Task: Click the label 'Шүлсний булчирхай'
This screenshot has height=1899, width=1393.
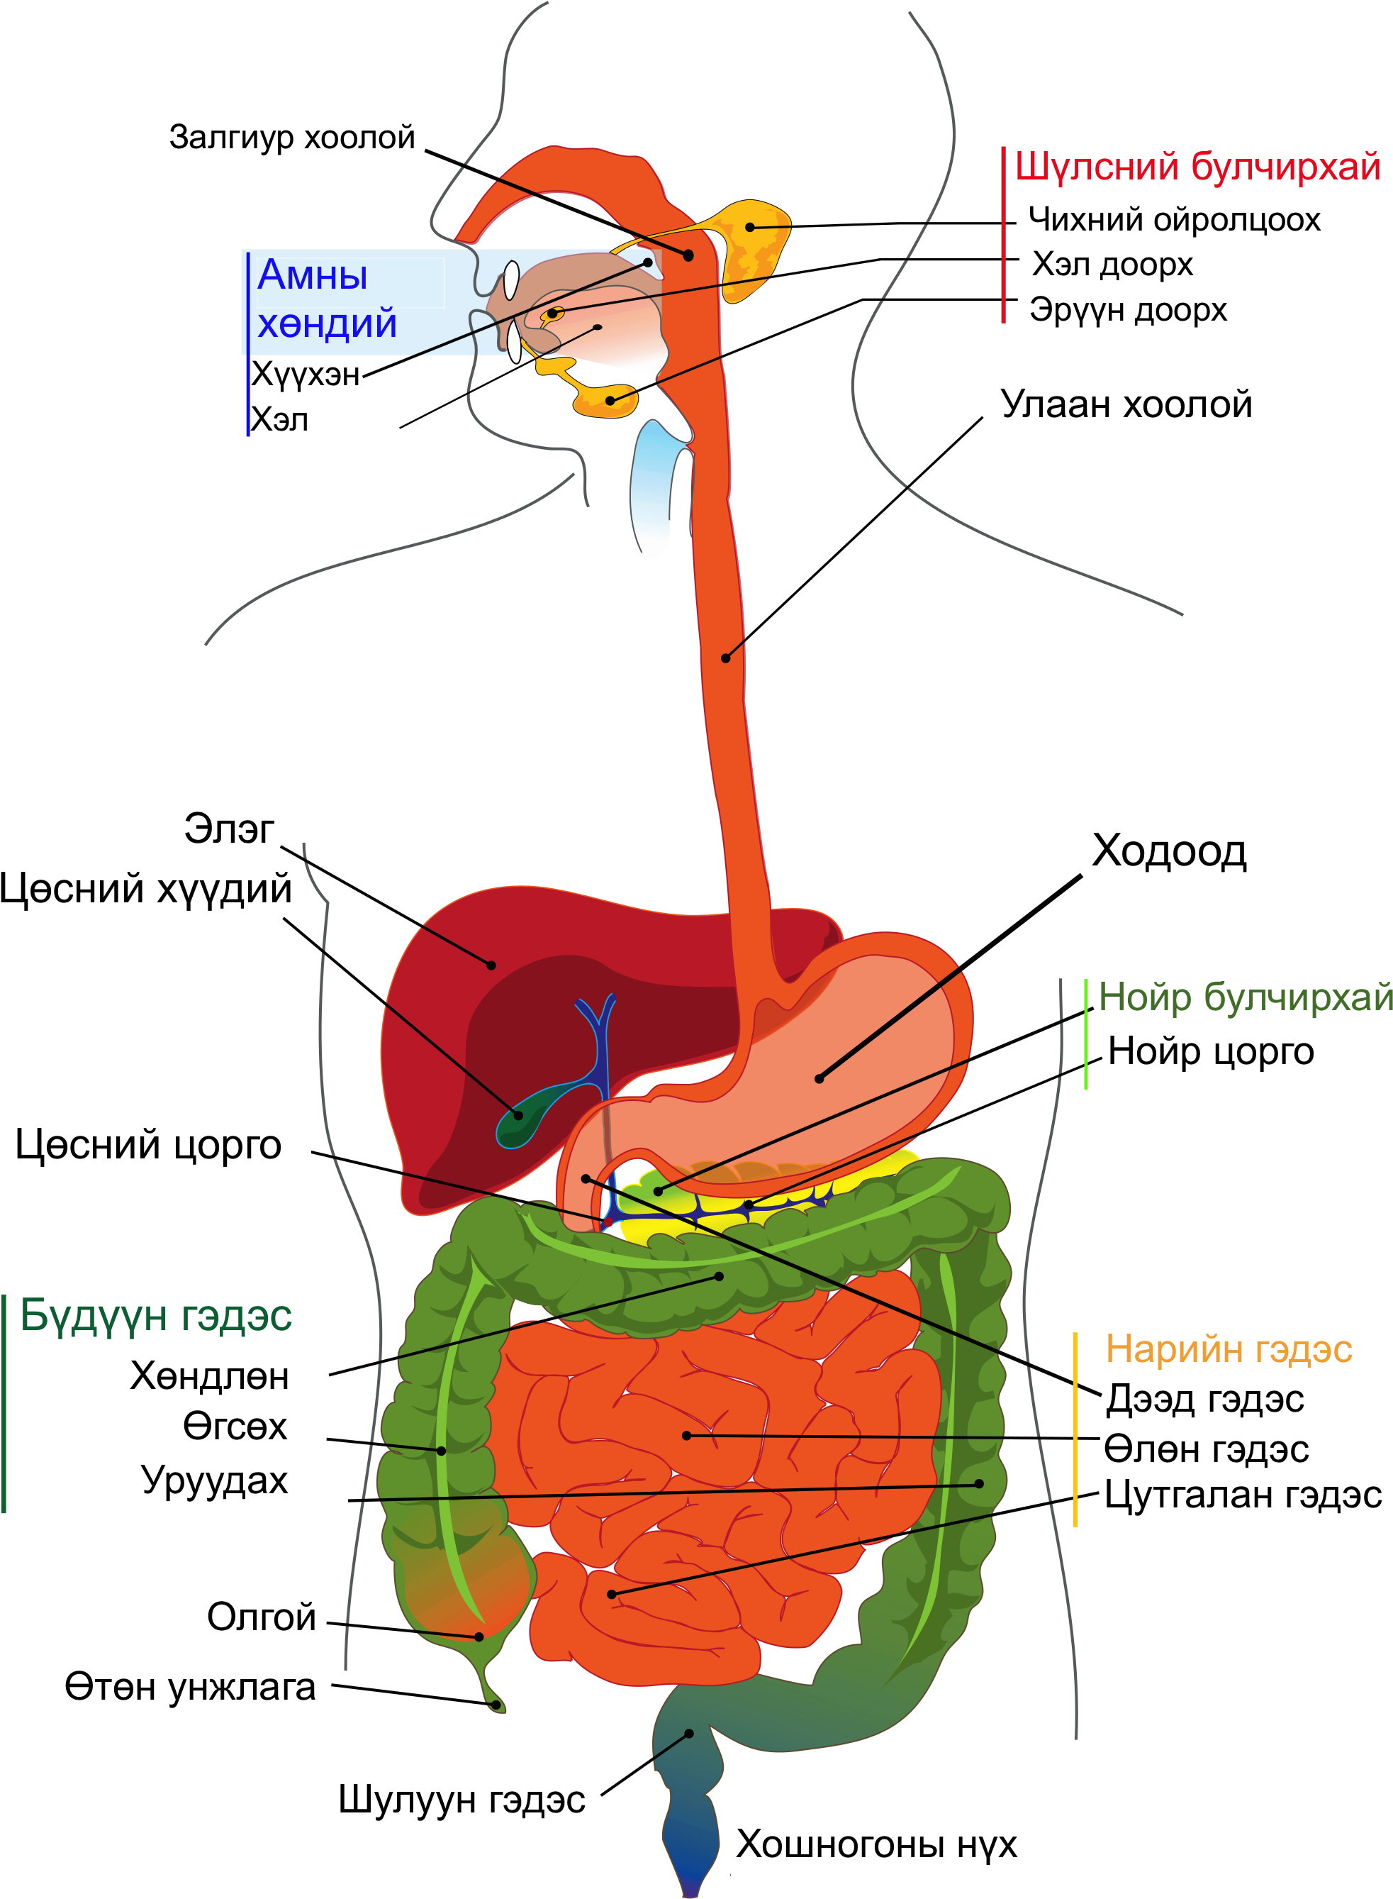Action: (1197, 167)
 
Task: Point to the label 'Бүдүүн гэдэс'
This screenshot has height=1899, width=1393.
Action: (156, 1315)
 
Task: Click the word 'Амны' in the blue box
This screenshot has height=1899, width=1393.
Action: (313, 275)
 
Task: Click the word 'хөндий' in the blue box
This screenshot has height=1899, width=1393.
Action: (328, 324)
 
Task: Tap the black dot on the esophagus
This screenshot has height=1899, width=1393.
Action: (725, 658)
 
